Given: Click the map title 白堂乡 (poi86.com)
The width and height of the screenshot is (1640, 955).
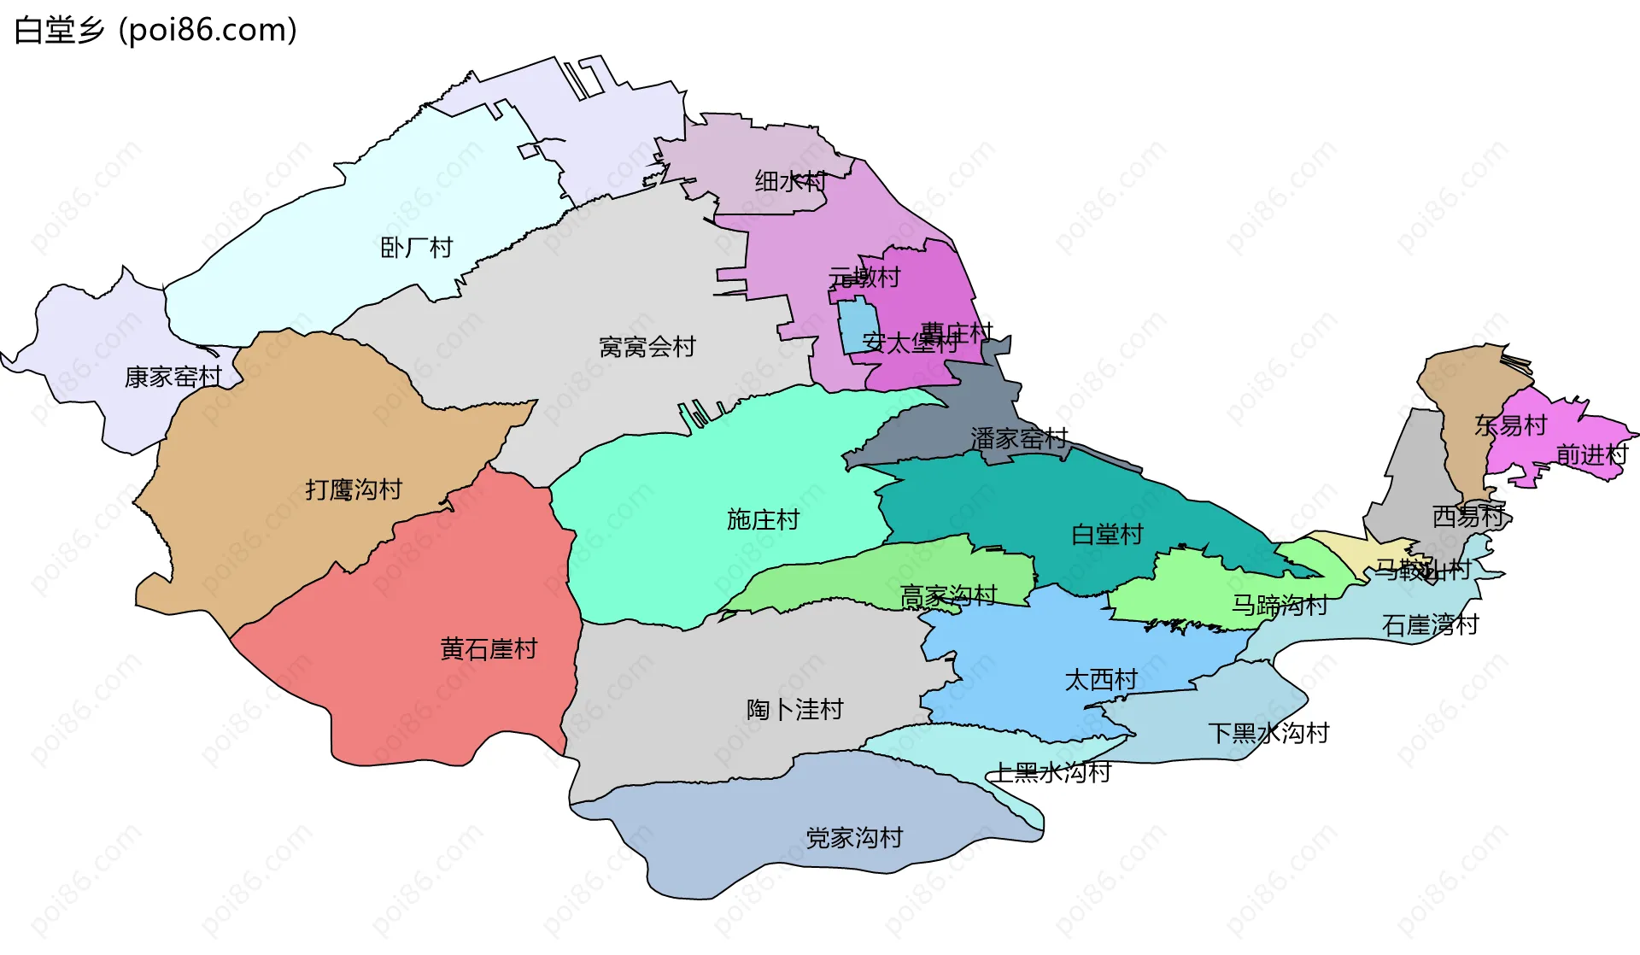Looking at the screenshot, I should (155, 30).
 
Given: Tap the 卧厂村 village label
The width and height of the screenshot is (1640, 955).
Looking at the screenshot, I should (416, 248).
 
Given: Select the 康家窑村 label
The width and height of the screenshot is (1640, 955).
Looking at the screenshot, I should (173, 377).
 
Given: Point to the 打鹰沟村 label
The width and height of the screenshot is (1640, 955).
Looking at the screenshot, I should (354, 489).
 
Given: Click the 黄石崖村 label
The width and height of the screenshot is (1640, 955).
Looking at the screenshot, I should (489, 649).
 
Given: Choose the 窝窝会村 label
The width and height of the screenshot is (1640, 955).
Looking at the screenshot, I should (647, 347).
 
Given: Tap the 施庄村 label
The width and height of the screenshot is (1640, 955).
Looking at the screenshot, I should (763, 519).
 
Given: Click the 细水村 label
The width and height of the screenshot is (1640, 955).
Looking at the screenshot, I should (790, 181).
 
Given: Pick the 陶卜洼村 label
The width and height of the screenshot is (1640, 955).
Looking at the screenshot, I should (794, 709).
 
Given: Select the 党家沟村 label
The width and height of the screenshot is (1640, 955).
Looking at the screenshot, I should (854, 837).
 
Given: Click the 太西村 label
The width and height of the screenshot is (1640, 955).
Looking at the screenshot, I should (1101, 680).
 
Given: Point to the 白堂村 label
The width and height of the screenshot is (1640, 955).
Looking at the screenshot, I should (1107, 535).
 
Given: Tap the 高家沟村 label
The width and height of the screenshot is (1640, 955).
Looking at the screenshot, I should (948, 595).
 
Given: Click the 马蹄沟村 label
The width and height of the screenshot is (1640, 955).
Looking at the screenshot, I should (1279, 606).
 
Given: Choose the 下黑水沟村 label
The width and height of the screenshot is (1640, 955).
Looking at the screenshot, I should (1268, 733).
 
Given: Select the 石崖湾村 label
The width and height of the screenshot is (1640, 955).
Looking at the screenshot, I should (1430, 625).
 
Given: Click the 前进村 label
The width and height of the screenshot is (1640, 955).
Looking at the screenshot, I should (1591, 454).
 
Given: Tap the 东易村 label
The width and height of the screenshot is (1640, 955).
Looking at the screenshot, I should (1510, 425).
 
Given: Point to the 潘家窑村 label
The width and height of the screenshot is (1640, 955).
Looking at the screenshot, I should (1019, 439).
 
